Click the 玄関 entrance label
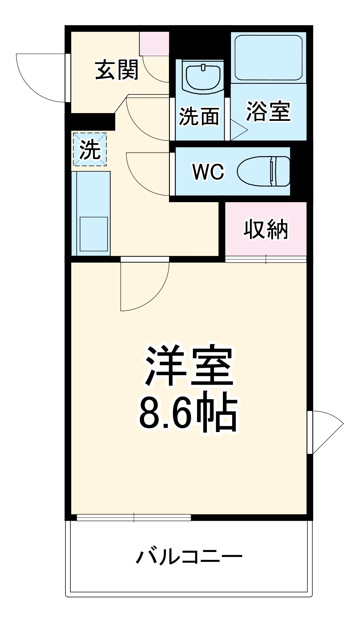(x=117, y=70)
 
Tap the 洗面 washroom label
(x=199, y=117)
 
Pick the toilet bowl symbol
(x=264, y=171)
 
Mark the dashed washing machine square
(x=90, y=149)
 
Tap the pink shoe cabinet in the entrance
(x=154, y=43)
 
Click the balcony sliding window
(x=134, y=517)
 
